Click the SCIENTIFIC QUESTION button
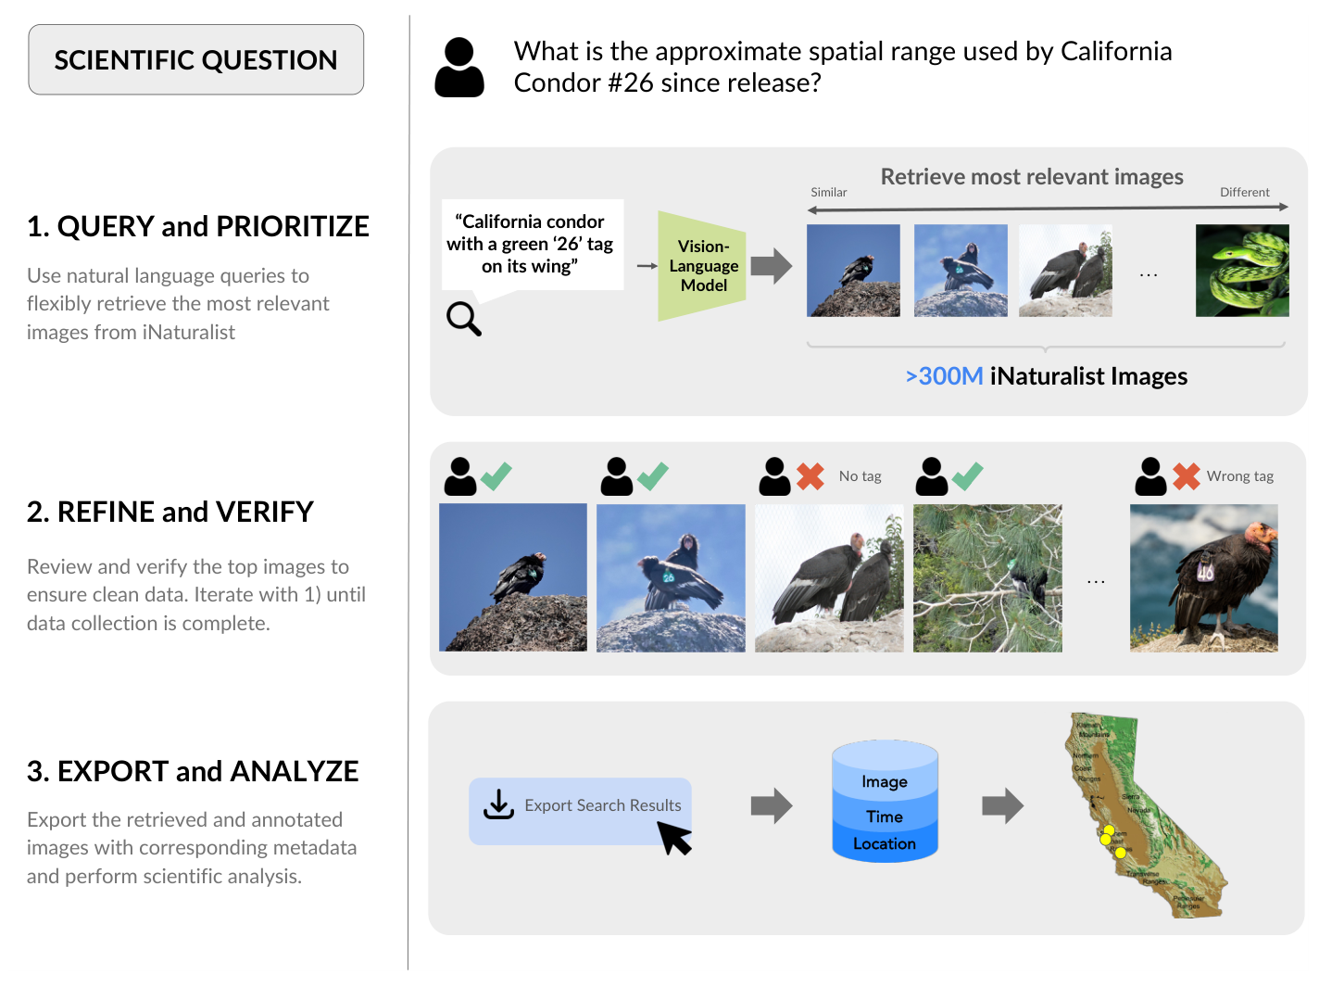(x=195, y=60)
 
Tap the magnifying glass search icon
(x=463, y=318)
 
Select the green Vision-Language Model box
(x=702, y=266)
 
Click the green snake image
(x=1241, y=271)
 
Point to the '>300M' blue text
(x=944, y=376)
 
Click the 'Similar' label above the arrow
(x=828, y=193)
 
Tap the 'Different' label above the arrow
(x=1244, y=193)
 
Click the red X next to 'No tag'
(x=810, y=476)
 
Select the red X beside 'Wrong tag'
(x=1186, y=476)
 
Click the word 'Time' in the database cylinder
(x=884, y=816)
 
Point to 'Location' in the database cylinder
(x=884, y=844)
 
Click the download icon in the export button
(x=498, y=804)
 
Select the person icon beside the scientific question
(x=459, y=68)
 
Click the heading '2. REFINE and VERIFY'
(x=170, y=512)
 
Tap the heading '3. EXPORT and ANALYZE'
(x=193, y=771)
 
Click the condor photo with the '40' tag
(x=1203, y=577)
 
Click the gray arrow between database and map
(x=1002, y=805)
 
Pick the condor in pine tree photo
(x=987, y=577)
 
